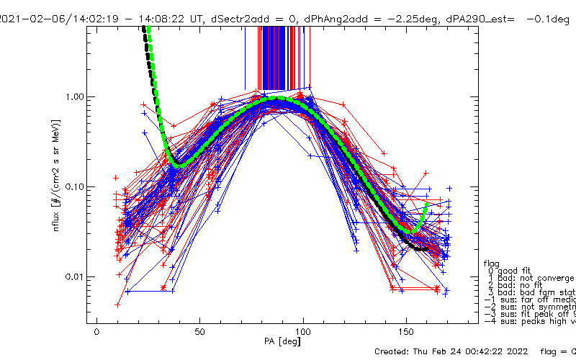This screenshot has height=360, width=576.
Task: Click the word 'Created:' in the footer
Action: click(395, 351)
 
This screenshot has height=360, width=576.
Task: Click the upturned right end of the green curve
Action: click(427, 204)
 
